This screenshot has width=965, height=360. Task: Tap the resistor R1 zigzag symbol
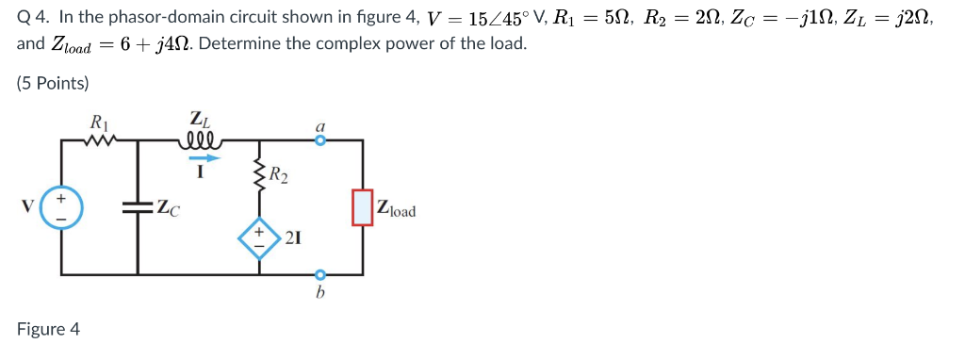tap(98, 141)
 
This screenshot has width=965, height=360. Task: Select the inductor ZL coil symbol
tap(201, 141)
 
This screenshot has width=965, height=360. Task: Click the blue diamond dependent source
tap(258, 235)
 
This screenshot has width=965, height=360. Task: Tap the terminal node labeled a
tap(320, 141)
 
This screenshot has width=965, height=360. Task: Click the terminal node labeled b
tap(320, 274)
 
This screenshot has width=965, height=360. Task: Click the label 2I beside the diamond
tap(292, 237)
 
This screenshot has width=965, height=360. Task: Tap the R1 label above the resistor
tap(97, 122)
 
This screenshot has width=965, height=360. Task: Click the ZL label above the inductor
tap(200, 120)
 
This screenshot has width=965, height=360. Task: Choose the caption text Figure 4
tap(48, 329)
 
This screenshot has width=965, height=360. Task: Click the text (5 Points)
tap(53, 83)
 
